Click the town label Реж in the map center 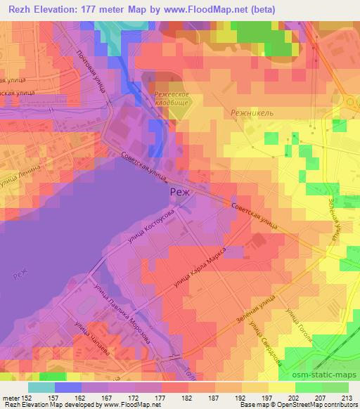[179, 193]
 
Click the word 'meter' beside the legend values [10, 397]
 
